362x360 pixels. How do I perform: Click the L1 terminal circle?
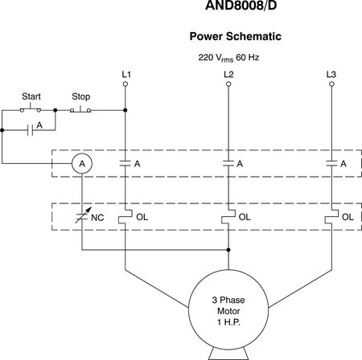pos(125,84)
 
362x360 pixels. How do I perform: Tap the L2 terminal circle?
pos(228,84)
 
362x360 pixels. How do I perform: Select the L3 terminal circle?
pos(331,84)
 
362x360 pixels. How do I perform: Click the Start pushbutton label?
pos(31,96)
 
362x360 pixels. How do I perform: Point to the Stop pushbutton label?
pos(81,96)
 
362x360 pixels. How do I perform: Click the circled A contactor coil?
pos(82,163)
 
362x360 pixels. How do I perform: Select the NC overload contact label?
pos(97,218)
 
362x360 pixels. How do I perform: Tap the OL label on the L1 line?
pos(142,217)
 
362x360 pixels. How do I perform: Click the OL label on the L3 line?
pos(348,217)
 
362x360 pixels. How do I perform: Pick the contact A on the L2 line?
pos(228,163)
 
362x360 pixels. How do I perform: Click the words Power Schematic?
pos(236,36)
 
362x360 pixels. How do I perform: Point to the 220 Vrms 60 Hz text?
pos(228,58)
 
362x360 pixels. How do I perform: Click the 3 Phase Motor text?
pos(228,305)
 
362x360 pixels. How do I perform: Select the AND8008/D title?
pos(241,6)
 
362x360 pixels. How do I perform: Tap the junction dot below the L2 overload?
pos(228,250)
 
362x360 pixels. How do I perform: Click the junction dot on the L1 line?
pos(125,110)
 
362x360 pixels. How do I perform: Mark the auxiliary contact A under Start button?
pos(31,130)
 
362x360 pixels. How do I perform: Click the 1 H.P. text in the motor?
pos(228,322)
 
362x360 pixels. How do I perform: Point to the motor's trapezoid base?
pos(228,354)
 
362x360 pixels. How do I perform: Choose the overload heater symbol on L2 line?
pos(228,217)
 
